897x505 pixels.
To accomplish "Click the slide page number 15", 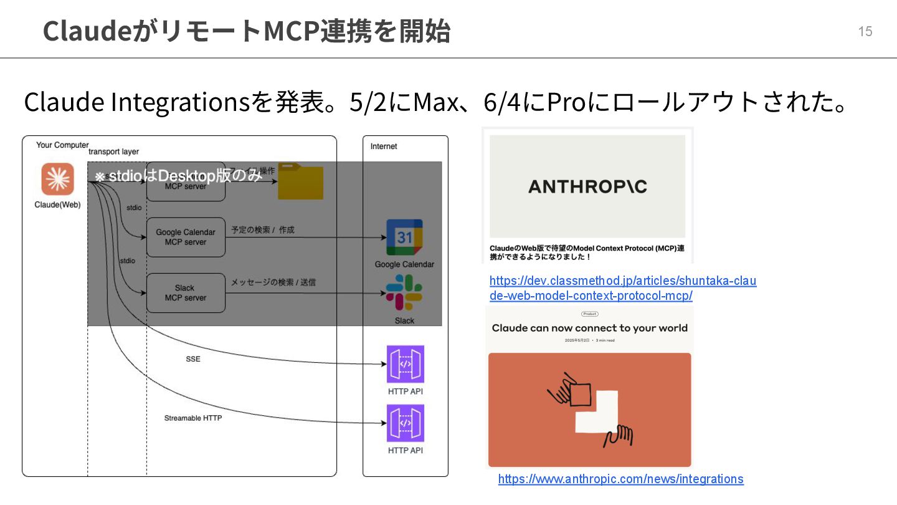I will click(x=865, y=31).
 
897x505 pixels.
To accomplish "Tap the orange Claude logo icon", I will click(x=58, y=179).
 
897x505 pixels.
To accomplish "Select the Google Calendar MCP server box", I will click(x=186, y=237).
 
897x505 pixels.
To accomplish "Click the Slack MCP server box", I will click(x=186, y=293).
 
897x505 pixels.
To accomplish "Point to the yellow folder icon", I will click(x=301, y=181).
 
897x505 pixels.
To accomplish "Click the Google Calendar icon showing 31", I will click(x=404, y=237).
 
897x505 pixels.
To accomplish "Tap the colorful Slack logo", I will click(x=404, y=292).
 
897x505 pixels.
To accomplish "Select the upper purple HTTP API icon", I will click(x=406, y=364).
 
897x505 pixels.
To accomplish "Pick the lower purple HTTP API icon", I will click(x=406, y=423).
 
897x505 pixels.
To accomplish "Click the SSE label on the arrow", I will click(x=193, y=359).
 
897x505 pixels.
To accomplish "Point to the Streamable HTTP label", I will click(x=193, y=418).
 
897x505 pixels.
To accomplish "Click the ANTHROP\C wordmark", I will click(x=587, y=186).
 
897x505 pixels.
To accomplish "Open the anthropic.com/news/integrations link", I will click(x=620, y=479).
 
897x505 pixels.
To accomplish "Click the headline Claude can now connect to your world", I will click(x=589, y=328).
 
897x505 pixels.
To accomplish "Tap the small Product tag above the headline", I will click(x=589, y=314).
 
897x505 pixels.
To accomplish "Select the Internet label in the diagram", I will click(x=384, y=147).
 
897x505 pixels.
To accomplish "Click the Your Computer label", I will click(x=62, y=145).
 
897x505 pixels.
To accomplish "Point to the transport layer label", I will click(x=113, y=151).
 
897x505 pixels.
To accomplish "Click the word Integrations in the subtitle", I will click(x=180, y=102).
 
